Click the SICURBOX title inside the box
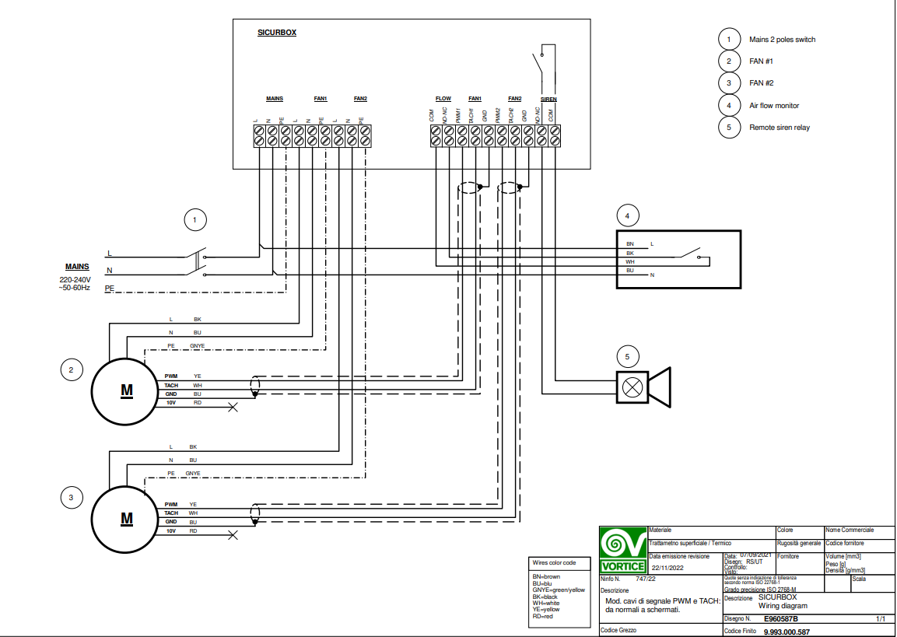point(277,33)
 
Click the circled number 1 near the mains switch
point(195,221)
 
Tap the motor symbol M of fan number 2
point(126,390)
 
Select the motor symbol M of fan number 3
point(126,518)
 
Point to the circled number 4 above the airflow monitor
point(628,214)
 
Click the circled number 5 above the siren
point(628,357)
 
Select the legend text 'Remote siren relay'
point(779,127)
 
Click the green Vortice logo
point(622,549)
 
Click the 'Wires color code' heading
point(554,562)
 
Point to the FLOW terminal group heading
point(443,99)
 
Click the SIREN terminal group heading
point(548,99)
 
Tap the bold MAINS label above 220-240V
point(76,267)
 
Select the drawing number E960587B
point(780,619)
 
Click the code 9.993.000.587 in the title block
point(787,632)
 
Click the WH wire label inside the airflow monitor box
point(630,261)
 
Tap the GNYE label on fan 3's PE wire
point(192,473)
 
